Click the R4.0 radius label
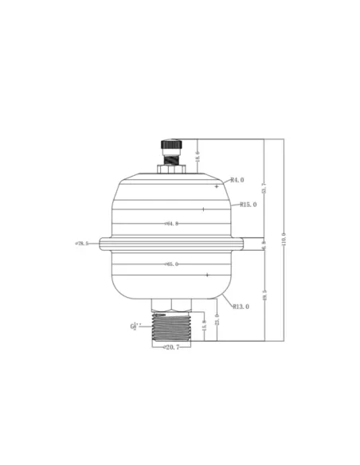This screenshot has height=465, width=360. point(237,180)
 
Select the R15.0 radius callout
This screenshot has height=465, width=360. point(248,205)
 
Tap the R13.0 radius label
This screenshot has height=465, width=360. point(241,306)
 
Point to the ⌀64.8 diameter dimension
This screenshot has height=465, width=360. point(170,224)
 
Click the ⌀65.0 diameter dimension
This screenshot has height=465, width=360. point(170,264)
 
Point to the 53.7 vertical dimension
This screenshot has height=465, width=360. point(264,189)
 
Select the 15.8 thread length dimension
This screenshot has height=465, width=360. point(204,327)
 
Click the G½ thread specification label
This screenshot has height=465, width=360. point(136,326)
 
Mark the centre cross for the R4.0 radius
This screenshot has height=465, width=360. point(216,185)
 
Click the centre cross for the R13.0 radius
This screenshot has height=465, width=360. point(208,275)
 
